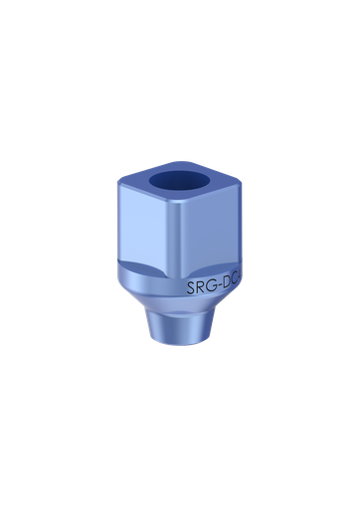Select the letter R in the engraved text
pos(202,290)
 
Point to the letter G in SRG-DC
pos(212,289)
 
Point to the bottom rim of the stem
pos(179,367)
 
